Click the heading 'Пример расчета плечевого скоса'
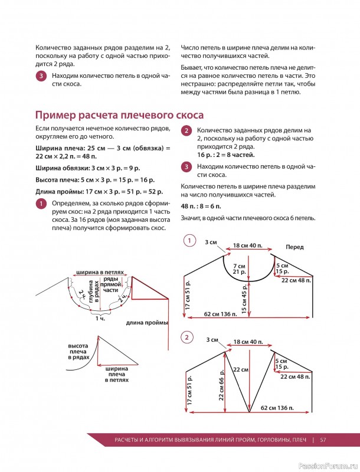[x=120, y=114]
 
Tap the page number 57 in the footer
[x=323, y=439]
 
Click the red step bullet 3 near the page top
[x=40, y=76]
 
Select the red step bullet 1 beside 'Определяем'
[x=40, y=204]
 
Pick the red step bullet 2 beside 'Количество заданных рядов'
[x=186, y=131]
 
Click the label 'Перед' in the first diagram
[x=294, y=247]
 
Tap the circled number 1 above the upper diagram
[x=188, y=241]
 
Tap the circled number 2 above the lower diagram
[x=188, y=337]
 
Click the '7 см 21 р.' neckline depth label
[x=240, y=269]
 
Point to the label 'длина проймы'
[x=147, y=323]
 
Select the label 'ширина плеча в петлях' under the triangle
[x=117, y=374]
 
